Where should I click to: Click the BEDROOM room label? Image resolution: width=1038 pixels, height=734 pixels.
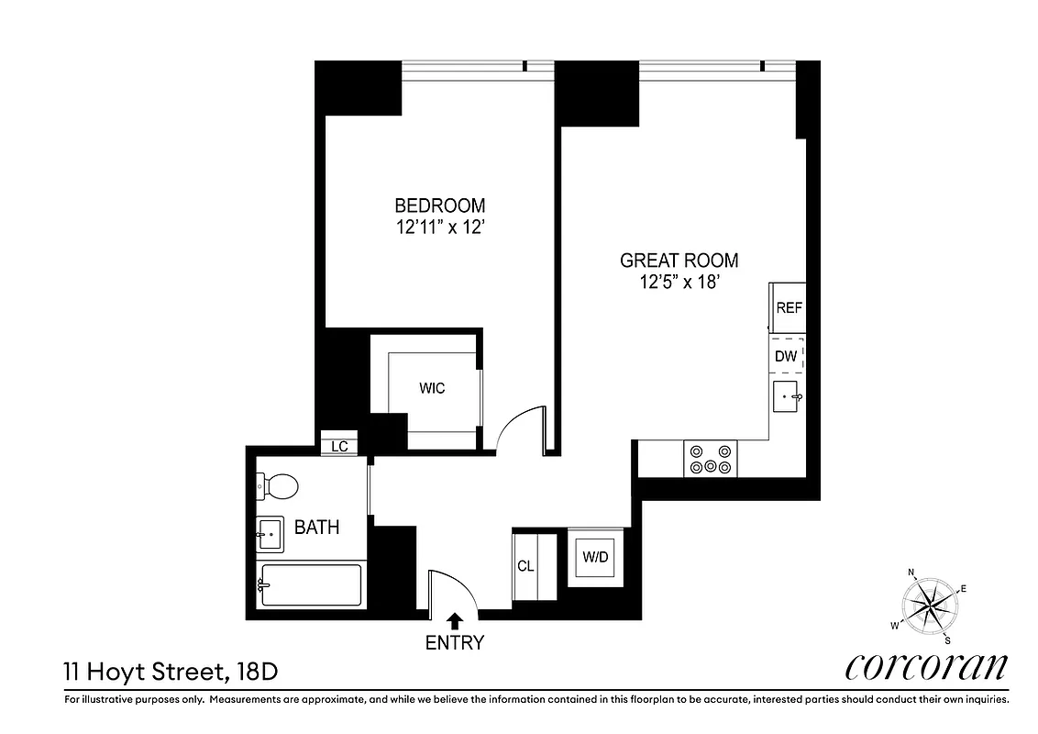click(439, 206)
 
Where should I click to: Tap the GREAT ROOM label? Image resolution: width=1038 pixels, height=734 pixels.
click(679, 261)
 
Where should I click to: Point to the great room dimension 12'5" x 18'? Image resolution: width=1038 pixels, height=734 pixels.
click(679, 283)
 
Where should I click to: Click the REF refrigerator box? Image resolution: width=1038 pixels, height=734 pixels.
click(789, 308)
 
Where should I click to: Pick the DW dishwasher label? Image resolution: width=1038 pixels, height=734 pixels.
click(786, 356)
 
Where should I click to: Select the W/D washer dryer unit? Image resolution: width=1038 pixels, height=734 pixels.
click(595, 557)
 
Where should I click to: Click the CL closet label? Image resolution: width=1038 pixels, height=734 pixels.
click(525, 566)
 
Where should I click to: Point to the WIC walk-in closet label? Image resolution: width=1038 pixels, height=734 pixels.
click(432, 388)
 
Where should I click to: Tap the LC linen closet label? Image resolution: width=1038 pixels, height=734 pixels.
click(339, 447)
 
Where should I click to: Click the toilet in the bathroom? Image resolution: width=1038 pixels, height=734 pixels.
click(278, 486)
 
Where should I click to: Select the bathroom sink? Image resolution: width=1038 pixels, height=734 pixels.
click(270, 533)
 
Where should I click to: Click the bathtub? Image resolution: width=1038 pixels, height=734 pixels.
click(310, 584)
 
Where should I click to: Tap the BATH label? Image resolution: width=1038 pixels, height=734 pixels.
click(316, 528)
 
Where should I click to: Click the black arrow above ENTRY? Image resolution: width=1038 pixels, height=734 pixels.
click(454, 622)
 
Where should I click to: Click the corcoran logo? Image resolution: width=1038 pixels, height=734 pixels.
click(926, 667)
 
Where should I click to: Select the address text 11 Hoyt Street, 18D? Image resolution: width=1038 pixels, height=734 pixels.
click(170, 671)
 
